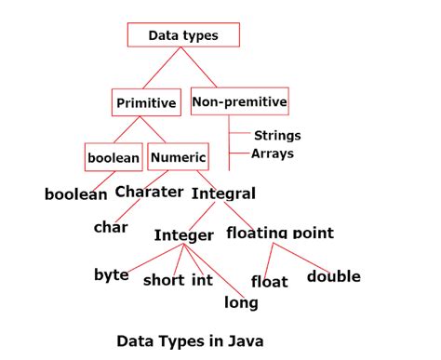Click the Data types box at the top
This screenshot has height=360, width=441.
pyautogui.click(x=182, y=35)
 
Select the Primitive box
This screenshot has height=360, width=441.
pyautogui.click(x=145, y=102)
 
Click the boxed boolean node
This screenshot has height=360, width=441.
pyautogui.click(x=114, y=157)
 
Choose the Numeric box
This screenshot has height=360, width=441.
pyautogui.click(x=177, y=157)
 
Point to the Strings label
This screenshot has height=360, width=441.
pyautogui.click(x=277, y=136)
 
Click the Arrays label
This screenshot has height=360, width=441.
pyautogui.click(x=274, y=153)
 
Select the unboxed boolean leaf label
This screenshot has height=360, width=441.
pyautogui.click(x=75, y=194)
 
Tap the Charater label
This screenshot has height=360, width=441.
pyautogui.click(x=149, y=193)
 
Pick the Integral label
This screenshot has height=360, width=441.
pyautogui.click(x=223, y=193)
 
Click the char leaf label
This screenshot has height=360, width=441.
pyautogui.click(x=110, y=226)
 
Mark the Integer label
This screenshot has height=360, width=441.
pyautogui.click(x=184, y=234)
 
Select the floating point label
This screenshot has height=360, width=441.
pyautogui.click(x=279, y=233)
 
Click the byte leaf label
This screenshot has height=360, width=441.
pyautogui.click(x=112, y=274)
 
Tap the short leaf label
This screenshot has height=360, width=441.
pyautogui.click(x=164, y=280)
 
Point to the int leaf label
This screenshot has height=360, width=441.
pyautogui.click(x=202, y=280)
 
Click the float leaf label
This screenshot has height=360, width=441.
pyautogui.click(x=270, y=281)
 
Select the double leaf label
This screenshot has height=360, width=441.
pyautogui.click(x=333, y=276)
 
